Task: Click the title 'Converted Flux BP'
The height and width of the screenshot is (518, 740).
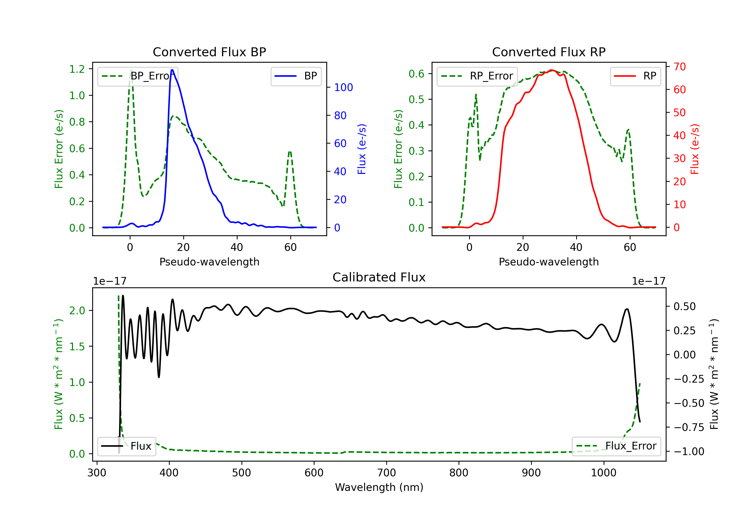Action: tap(209, 52)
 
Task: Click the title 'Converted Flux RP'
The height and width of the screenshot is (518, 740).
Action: tap(549, 52)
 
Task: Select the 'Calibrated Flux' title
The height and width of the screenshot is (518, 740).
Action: tap(379, 277)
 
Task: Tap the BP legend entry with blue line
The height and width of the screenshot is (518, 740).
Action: tap(296, 76)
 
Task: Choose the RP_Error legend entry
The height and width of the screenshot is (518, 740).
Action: tap(477, 76)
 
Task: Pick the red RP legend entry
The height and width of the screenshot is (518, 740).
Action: tap(635, 76)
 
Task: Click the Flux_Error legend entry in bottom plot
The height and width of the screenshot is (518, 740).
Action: tap(616, 446)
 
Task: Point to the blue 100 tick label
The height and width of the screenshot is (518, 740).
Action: tap(344, 87)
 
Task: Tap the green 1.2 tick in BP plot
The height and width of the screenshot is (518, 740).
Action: tap(77, 69)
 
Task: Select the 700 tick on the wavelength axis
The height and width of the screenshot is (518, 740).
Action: tap(387, 473)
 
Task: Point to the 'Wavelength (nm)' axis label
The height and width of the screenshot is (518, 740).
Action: tap(379, 487)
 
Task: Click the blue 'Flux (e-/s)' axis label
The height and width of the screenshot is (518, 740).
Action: tap(362, 149)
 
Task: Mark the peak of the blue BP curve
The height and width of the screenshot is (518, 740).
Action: tap(172, 70)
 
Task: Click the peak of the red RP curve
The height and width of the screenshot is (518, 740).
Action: tap(552, 70)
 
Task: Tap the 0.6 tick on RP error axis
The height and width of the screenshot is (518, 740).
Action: tap(416, 74)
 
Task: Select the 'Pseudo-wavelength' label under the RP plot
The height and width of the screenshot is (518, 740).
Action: tap(549, 262)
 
